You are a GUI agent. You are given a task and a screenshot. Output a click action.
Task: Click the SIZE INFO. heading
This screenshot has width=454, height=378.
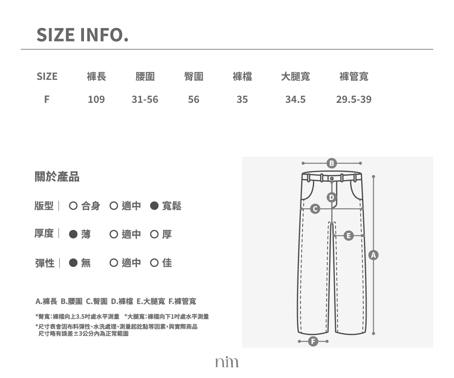click(x=82, y=35)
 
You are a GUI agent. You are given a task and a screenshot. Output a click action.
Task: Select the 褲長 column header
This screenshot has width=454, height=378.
click(x=96, y=76)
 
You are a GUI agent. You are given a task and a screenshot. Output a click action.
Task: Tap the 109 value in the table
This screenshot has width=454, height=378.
click(x=96, y=99)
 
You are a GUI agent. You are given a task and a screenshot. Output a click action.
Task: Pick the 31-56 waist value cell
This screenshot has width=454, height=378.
click(x=145, y=99)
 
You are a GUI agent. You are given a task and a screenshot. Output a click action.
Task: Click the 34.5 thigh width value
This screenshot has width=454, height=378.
click(x=295, y=99)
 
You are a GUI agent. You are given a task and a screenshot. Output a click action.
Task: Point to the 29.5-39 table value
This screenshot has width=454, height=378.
click(x=354, y=99)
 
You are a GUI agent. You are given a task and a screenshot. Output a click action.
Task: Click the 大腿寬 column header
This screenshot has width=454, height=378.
click(x=295, y=76)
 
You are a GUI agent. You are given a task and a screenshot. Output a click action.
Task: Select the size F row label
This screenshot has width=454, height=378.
click(x=47, y=99)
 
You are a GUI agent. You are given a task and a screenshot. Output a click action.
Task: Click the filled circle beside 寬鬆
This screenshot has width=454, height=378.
click(x=154, y=206)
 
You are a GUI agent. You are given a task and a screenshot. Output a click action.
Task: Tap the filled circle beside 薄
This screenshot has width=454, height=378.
click(x=73, y=234)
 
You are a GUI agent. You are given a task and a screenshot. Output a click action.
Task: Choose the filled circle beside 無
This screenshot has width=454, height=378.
click(x=73, y=263)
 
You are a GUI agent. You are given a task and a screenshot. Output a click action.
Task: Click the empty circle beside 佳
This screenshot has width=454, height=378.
click(x=154, y=263)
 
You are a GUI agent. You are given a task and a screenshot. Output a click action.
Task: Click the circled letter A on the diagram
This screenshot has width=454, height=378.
click(x=373, y=255)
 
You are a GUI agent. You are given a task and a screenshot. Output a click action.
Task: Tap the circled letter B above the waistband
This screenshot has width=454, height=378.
click(x=331, y=163)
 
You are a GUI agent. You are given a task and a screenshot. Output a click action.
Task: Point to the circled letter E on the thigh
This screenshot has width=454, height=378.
click(x=348, y=236)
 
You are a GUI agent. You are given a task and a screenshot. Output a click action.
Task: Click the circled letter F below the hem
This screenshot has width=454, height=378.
click(x=313, y=341)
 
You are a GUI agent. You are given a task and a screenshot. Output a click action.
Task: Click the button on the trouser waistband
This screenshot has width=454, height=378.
click(x=332, y=178)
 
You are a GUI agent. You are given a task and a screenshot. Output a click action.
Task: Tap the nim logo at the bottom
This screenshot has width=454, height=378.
click(x=227, y=362)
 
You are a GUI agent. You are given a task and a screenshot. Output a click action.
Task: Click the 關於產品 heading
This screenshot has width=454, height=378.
click(x=57, y=177)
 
